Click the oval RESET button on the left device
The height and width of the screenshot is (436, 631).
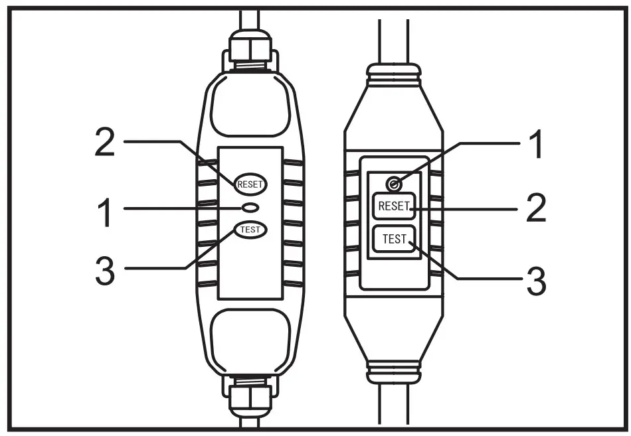click(250, 184)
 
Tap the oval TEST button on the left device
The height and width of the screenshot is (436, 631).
click(250, 230)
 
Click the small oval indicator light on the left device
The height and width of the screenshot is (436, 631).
click(250, 208)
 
